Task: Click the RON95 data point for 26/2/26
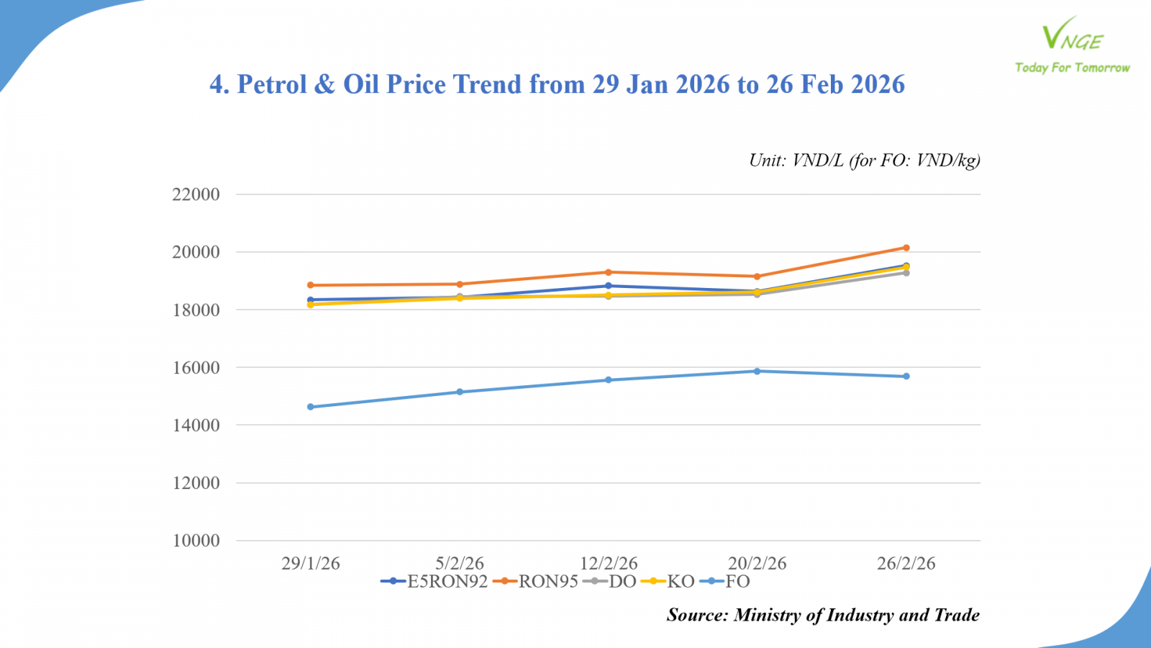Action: (x=906, y=248)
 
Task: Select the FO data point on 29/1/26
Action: (x=311, y=407)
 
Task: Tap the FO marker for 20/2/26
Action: (x=757, y=372)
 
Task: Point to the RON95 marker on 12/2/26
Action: (x=609, y=272)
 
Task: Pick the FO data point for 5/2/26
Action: (x=460, y=392)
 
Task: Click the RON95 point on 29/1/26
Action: (x=311, y=285)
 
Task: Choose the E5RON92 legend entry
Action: (x=435, y=582)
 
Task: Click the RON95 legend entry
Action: (x=536, y=582)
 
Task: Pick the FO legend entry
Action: (x=726, y=582)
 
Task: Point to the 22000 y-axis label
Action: (x=196, y=194)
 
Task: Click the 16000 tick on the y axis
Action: (x=196, y=367)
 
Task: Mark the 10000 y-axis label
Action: (x=196, y=541)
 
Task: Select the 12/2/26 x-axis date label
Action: (x=609, y=563)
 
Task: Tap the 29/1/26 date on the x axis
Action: (x=311, y=563)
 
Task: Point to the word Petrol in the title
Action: (x=272, y=84)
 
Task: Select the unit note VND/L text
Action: (x=817, y=160)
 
